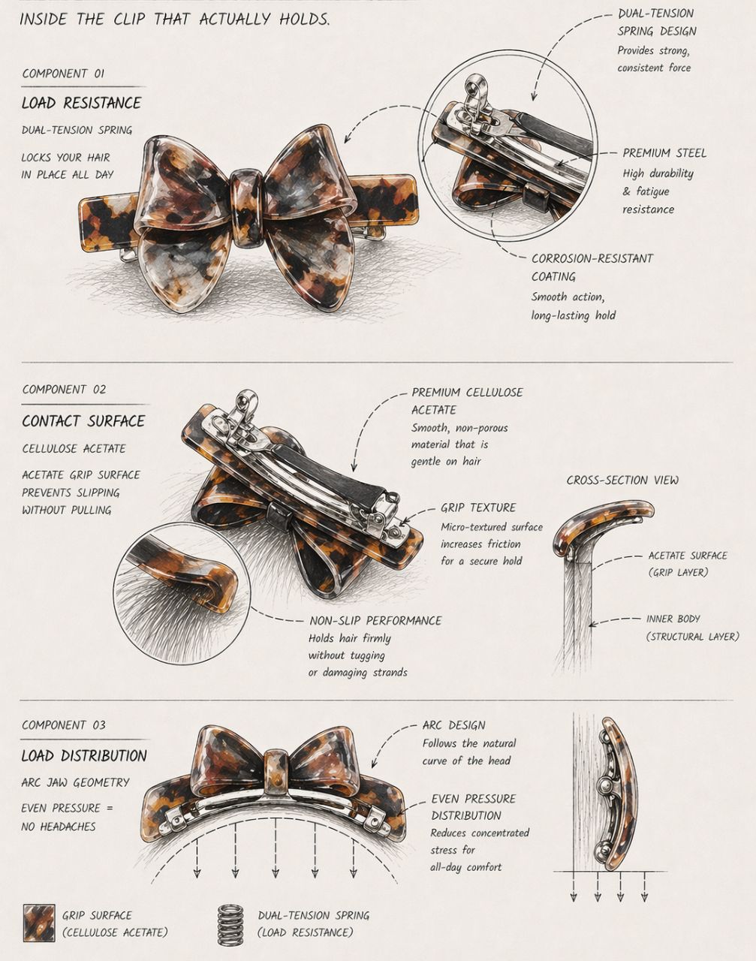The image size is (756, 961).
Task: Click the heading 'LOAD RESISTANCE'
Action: click(81, 103)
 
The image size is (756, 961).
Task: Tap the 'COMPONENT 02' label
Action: click(65, 390)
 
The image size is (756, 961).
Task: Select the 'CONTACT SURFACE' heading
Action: click(83, 420)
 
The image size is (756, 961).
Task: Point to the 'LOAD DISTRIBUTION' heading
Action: click(84, 755)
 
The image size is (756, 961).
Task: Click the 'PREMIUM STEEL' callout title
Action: click(664, 153)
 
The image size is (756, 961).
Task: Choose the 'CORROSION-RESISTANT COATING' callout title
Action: click(592, 267)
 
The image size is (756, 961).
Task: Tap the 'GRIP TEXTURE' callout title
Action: click(478, 508)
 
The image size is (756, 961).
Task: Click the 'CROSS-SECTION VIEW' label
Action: click(622, 480)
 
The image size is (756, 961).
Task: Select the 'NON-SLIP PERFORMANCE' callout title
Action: click(375, 621)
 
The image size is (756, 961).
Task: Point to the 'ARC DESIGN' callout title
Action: click(453, 725)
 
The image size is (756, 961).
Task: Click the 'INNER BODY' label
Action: click(673, 619)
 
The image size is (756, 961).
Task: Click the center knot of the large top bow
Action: click(247, 207)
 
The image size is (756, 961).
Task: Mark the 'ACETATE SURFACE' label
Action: click(688, 556)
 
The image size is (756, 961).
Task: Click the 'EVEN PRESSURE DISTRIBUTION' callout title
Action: click(473, 807)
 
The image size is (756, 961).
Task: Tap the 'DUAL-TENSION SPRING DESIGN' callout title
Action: click(656, 23)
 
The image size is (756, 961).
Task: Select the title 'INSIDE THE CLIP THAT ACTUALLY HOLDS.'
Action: click(175, 20)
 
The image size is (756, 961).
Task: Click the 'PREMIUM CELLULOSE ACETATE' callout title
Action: click(467, 401)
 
